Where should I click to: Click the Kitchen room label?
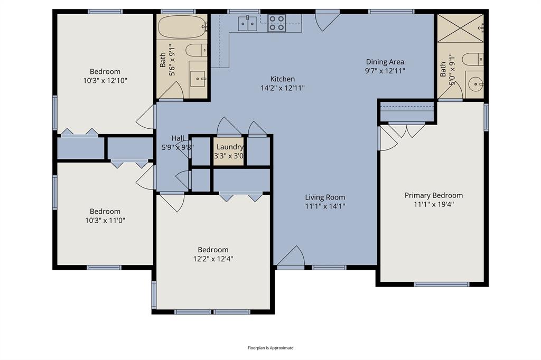(x=282, y=79)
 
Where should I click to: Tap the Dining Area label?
(x=385, y=62)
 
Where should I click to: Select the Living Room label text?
(x=325, y=197)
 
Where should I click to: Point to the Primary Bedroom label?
(x=433, y=195)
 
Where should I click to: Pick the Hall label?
(x=178, y=138)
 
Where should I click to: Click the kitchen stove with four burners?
(x=276, y=23)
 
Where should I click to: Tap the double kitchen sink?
(x=247, y=23)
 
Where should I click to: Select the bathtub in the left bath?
(x=182, y=27)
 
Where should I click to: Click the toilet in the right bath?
(x=473, y=59)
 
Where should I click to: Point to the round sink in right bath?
(x=475, y=83)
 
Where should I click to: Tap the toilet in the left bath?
(x=197, y=51)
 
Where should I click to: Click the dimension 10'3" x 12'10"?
(x=105, y=80)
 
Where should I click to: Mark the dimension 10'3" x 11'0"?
(x=105, y=220)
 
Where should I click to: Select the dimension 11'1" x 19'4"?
(x=433, y=204)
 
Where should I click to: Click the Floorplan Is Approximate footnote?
(x=270, y=348)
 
